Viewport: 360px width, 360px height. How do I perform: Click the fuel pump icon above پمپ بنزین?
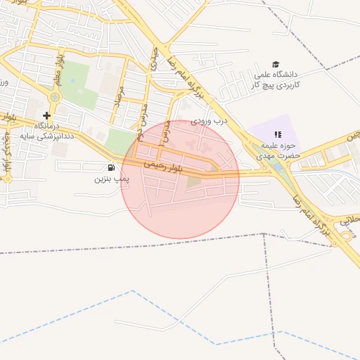click(x=111, y=167)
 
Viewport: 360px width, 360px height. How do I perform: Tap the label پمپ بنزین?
click(x=111, y=179)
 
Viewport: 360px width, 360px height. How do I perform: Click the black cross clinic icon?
click(x=46, y=115)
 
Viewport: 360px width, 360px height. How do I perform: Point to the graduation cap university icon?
click(x=275, y=64)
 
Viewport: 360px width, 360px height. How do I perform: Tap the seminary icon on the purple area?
click(x=278, y=134)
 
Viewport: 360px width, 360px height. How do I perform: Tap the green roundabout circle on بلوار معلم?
click(x=56, y=97)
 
